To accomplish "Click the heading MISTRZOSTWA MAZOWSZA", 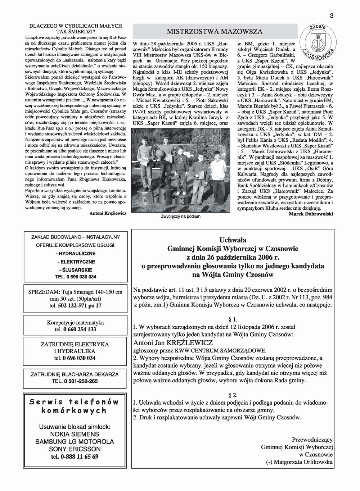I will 215,31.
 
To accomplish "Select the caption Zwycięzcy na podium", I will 181,217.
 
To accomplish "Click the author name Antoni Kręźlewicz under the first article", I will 108,213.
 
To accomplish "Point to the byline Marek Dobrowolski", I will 311,214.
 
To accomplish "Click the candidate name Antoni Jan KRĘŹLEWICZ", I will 172,342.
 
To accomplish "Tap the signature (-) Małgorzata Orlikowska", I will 302,462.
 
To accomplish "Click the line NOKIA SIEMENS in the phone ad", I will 75,434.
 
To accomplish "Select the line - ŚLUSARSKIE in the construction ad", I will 75,269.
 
